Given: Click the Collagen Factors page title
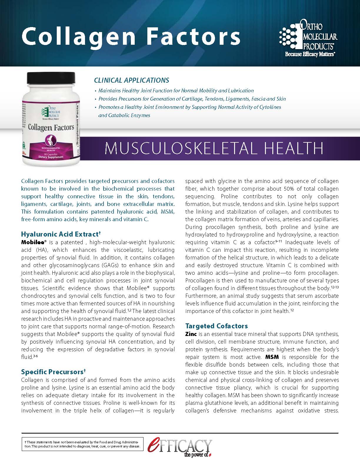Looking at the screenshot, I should tap(131, 36).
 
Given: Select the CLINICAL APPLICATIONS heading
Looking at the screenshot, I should tap(131, 80).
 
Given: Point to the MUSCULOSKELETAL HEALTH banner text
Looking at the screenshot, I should tap(214, 148).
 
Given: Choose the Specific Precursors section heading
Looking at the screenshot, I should tap(53, 372).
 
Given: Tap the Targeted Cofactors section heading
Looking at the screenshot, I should tap(216, 326).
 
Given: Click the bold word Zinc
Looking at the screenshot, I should tap(191, 334).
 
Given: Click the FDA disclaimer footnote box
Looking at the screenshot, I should tap(82, 444).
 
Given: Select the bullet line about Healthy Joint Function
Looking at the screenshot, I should tap(176, 91).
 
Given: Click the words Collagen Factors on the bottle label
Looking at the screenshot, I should tap(51, 127).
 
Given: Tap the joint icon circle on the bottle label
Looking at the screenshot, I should tap(51, 140).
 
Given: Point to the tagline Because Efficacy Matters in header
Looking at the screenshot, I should tap(310, 54).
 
